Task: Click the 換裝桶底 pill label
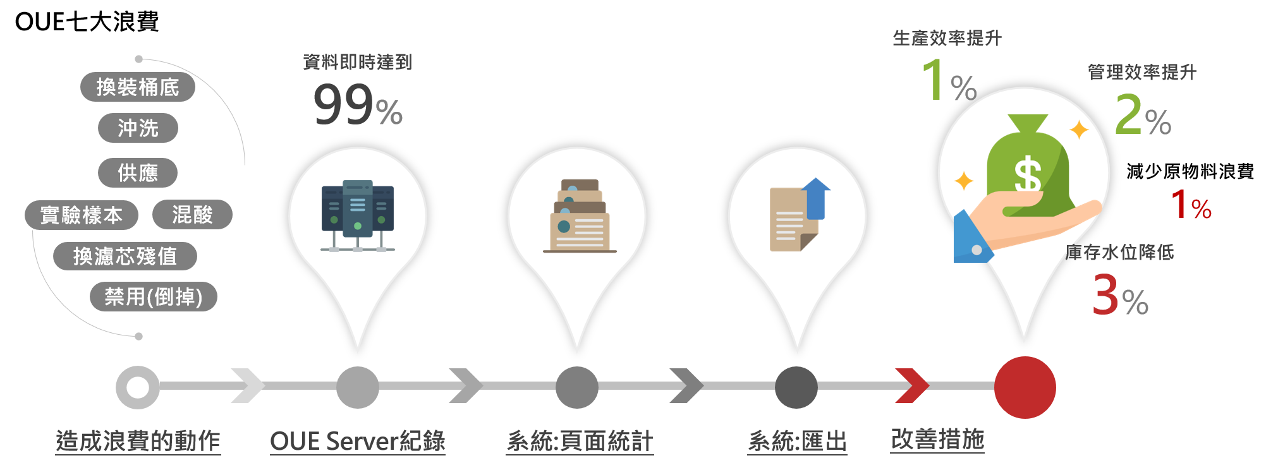click(137, 87)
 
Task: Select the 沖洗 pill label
click(138, 128)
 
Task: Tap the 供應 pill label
click(138, 172)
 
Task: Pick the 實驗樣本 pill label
click(82, 215)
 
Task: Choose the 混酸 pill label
click(192, 215)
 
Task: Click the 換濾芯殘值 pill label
click(125, 256)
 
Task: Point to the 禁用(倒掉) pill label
click(153, 297)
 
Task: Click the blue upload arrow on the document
click(816, 197)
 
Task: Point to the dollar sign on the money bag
click(1027, 174)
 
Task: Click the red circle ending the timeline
click(1025, 387)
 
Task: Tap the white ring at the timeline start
click(138, 387)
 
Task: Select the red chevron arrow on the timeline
click(911, 385)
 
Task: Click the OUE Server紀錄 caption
click(358, 441)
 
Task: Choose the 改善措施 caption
click(937, 439)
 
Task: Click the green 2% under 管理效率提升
click(1142, 116)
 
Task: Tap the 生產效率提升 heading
click(947, 39)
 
